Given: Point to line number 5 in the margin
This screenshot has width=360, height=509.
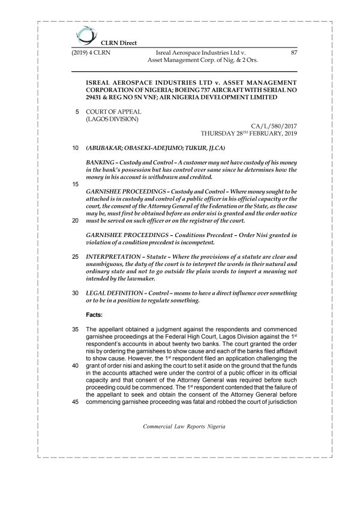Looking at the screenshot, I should tap(77, 112).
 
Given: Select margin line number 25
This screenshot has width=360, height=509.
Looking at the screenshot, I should tap(75, 257).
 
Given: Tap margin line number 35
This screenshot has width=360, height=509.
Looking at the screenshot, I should tap(75, 330).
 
